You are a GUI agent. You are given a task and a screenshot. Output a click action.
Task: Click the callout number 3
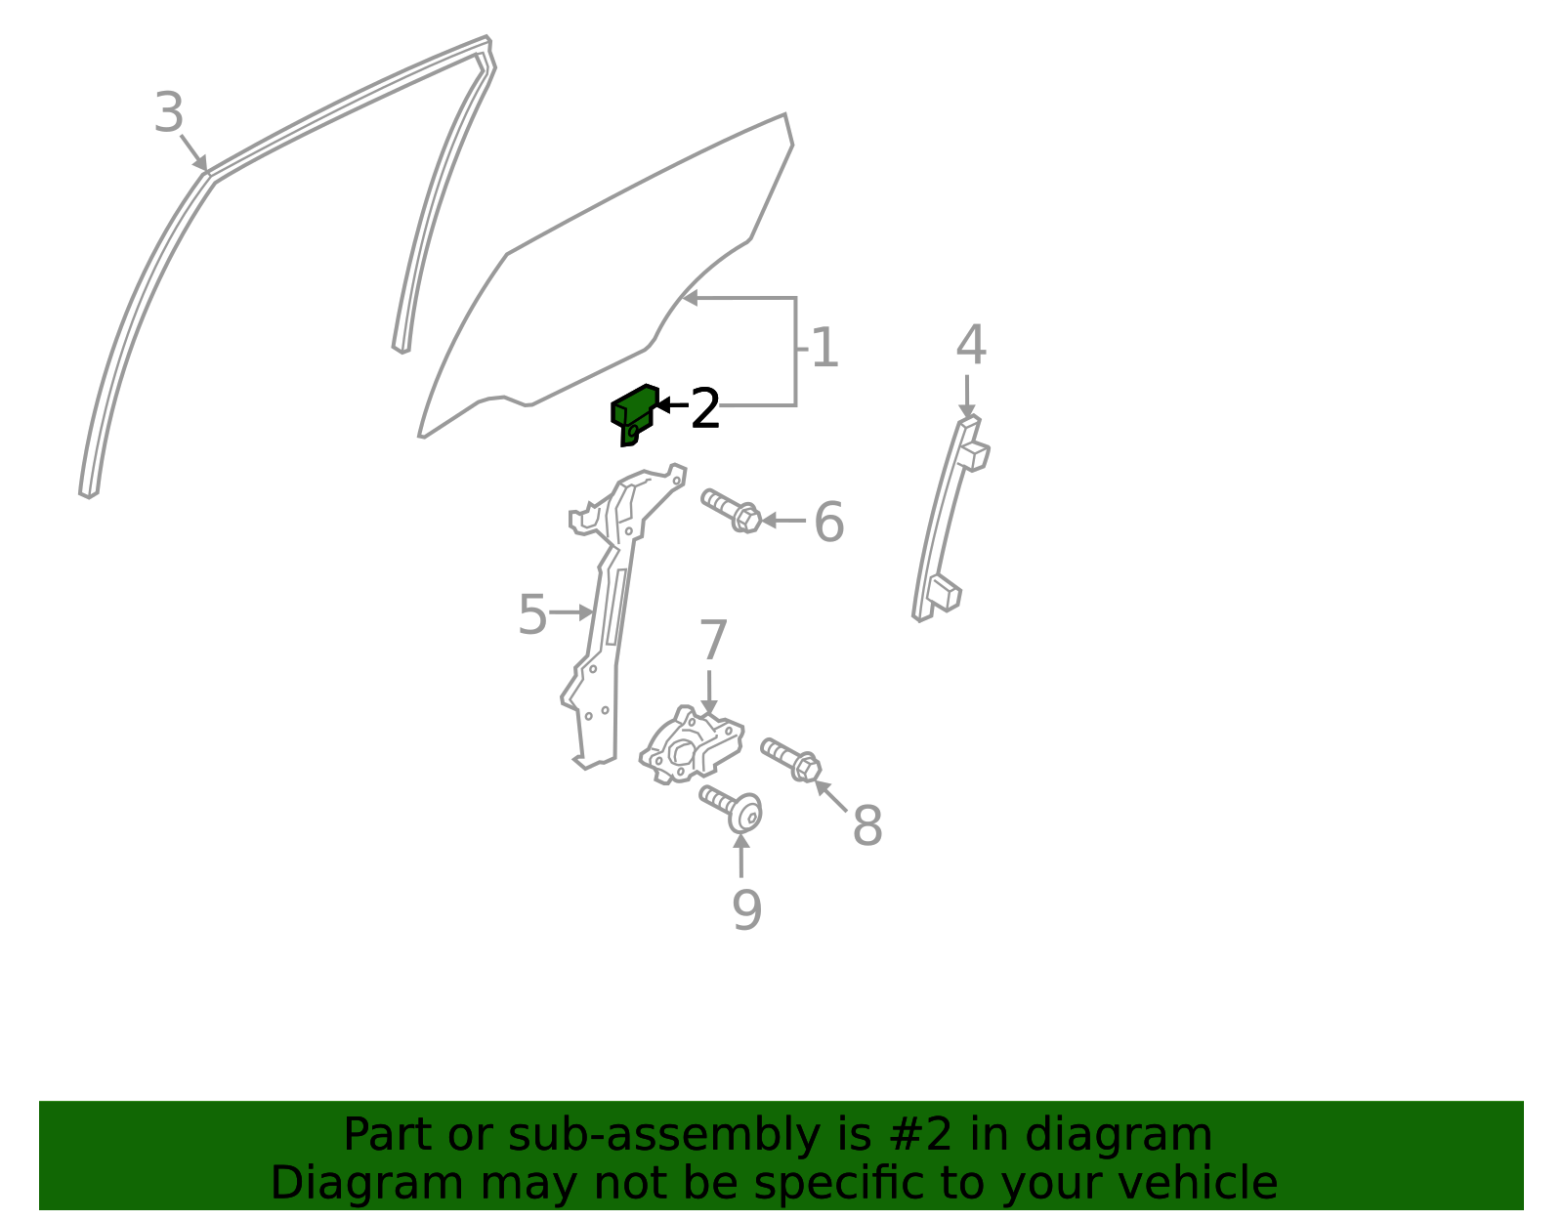coord(169,113)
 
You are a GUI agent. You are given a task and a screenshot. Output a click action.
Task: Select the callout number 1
coord(824,348)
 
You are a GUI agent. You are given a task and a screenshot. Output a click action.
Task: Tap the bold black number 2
coord(705,408)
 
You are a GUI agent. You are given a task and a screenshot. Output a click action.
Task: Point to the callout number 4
coord(971,345)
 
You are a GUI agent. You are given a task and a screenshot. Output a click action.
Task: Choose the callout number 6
coord(828,522)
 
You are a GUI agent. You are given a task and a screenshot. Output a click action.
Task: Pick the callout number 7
coord(713,640)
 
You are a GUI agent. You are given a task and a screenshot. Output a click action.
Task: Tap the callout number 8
coord(867,826)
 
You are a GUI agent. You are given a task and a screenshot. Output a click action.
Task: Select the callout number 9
coord(746,910)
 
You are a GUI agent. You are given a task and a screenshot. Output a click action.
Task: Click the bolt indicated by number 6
coord(731,511)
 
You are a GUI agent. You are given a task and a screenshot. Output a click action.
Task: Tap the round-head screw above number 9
coord(731,809)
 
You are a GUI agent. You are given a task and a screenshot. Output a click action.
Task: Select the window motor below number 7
coord(692,745)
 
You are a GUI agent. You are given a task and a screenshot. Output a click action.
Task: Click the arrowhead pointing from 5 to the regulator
coord(587,612)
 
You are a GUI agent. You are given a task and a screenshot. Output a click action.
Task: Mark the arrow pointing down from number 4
coord(967,397)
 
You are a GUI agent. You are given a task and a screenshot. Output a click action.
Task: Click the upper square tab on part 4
coord(975,456)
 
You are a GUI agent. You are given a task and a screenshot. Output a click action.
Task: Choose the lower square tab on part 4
coord(945,592)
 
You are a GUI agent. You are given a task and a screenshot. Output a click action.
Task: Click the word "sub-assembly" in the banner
coord(664,1134)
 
